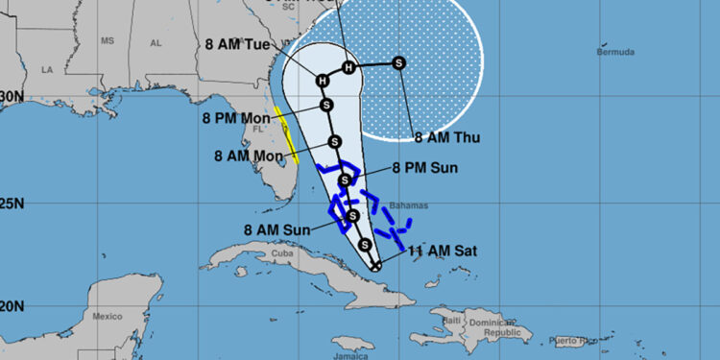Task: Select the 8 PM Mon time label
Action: (237, 118)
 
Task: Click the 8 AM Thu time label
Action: (446, 138)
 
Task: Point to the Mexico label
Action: (108, 316)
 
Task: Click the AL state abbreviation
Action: (156, 43)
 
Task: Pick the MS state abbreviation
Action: (107, 41)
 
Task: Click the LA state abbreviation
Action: (45, 70)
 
